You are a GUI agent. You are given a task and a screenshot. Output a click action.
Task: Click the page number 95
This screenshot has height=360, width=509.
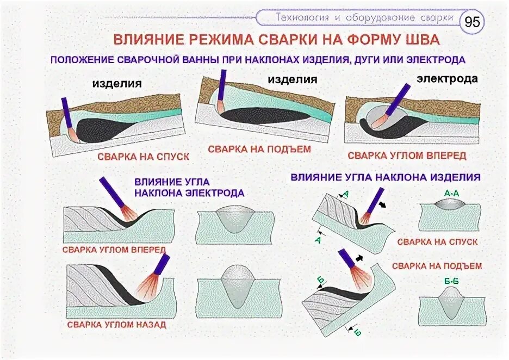tap(472, 22)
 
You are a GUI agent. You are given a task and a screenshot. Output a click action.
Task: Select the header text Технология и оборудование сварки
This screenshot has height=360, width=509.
tap(364, 17)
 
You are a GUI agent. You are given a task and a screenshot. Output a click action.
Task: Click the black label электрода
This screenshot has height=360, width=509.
tap(447, 79)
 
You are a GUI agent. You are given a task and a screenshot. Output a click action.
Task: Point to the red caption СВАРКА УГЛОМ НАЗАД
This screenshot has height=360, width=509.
tap(117, 325)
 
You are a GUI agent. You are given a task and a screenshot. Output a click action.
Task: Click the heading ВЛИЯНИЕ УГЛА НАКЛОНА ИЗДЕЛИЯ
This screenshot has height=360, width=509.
tap(386, 177)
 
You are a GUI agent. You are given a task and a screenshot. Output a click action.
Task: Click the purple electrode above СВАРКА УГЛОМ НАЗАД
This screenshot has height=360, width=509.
tap(162, 263)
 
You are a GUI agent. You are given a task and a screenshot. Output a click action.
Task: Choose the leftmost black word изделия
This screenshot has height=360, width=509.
tap(117, 84)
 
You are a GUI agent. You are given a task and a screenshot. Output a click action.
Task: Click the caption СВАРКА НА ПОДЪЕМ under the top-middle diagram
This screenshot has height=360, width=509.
tap(259, 148)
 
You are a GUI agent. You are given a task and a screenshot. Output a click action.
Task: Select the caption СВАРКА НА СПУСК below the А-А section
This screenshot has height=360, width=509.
tap(437, 241)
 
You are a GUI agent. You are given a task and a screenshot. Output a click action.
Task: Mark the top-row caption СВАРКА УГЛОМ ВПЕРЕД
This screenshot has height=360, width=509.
tap(407, 155)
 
